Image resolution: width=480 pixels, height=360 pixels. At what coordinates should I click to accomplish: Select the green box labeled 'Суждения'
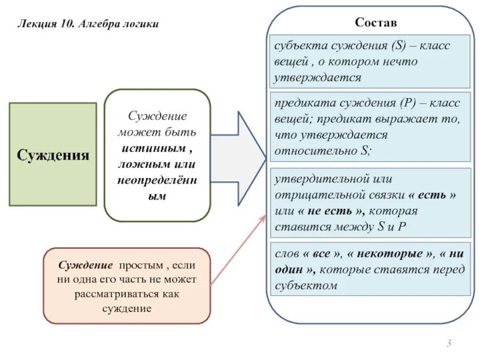53,155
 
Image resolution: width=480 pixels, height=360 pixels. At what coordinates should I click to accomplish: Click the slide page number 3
448,343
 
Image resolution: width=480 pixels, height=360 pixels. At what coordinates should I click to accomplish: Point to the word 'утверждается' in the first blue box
318,77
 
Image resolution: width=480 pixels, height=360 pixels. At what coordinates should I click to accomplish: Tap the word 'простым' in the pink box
141,265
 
